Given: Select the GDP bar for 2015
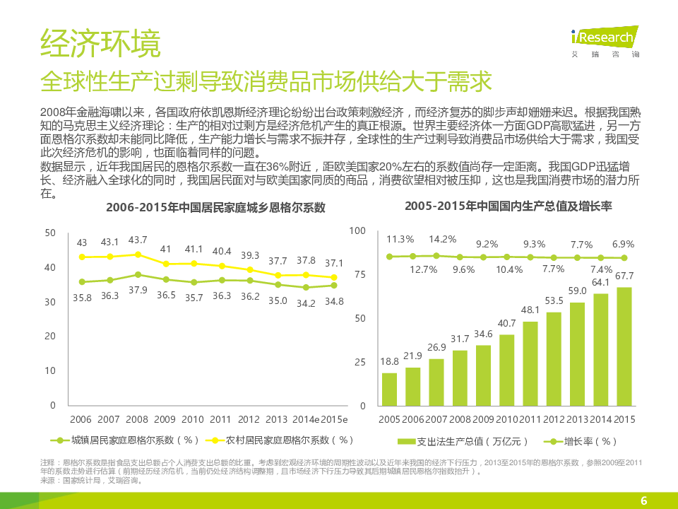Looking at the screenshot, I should coord(624,346).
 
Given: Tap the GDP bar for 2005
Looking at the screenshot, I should coord(389,389).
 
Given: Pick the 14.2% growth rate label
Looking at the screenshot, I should coord(443,239).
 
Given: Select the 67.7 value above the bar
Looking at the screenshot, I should coord(624,276).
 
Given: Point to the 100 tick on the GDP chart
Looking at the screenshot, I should coord(357,231).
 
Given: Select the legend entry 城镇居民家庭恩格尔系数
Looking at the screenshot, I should coord(124,440).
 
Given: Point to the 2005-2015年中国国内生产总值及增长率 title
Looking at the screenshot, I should coord(509,206).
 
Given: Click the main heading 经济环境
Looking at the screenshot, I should coord(100,44).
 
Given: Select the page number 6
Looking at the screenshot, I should coord(643,501).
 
